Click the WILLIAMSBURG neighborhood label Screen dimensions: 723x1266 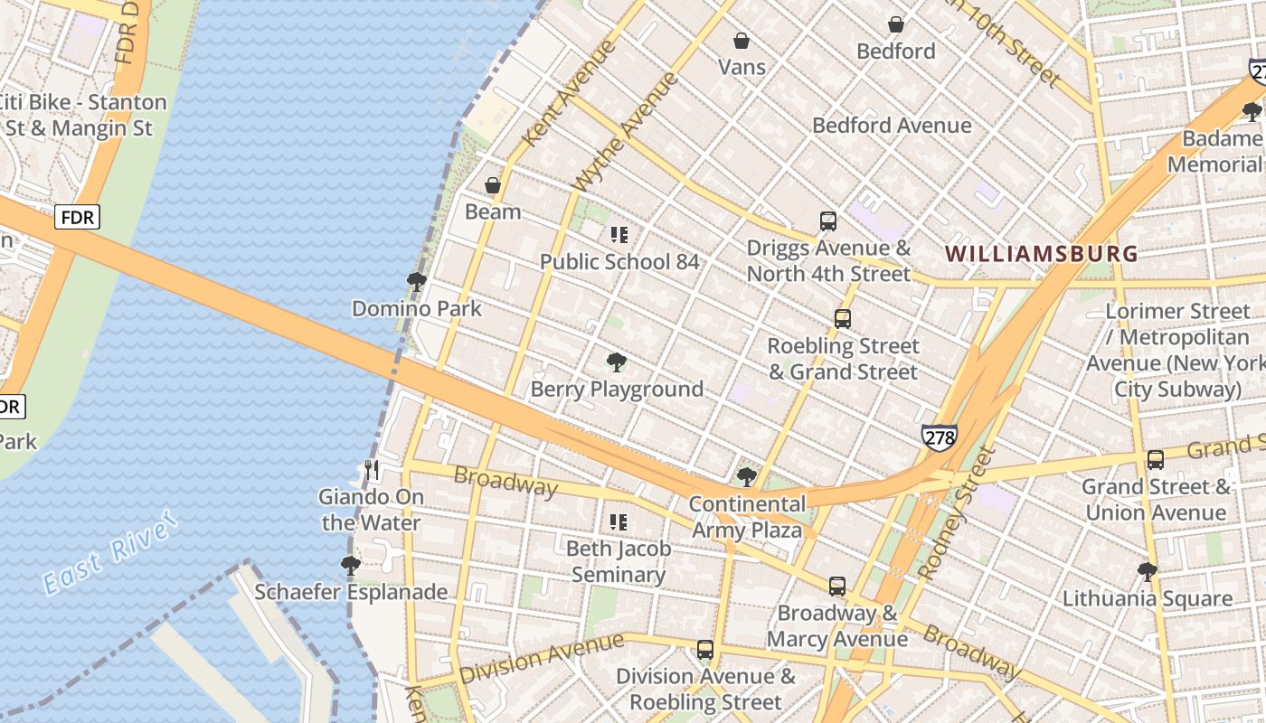tap(1041, 254)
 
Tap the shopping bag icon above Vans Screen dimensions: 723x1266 tap(741, 41)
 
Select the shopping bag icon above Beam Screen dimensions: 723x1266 tap(493, 185)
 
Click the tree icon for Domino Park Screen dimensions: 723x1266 tap(417, 282)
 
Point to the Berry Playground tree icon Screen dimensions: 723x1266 tap(617, 362)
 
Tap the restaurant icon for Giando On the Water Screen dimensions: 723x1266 tap(371, 470)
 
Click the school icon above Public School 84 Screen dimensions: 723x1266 tap(619, 235)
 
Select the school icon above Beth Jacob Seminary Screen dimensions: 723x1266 tap(619, 521)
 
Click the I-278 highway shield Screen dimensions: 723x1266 tap(940, 437)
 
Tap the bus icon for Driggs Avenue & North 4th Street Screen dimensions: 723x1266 tap(827, 221)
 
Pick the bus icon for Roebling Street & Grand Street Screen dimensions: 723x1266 tap(842, 319)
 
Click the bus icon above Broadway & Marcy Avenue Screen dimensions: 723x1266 tap(837, 586)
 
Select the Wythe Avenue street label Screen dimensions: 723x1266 tap(626, 131)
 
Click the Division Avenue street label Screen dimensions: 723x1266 tap(541, 658)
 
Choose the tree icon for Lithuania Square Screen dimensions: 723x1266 tap(1147, 571)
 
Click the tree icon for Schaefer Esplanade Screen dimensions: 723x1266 tap(351, 566)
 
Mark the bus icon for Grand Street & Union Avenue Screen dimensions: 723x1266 tap(1155, 459)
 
